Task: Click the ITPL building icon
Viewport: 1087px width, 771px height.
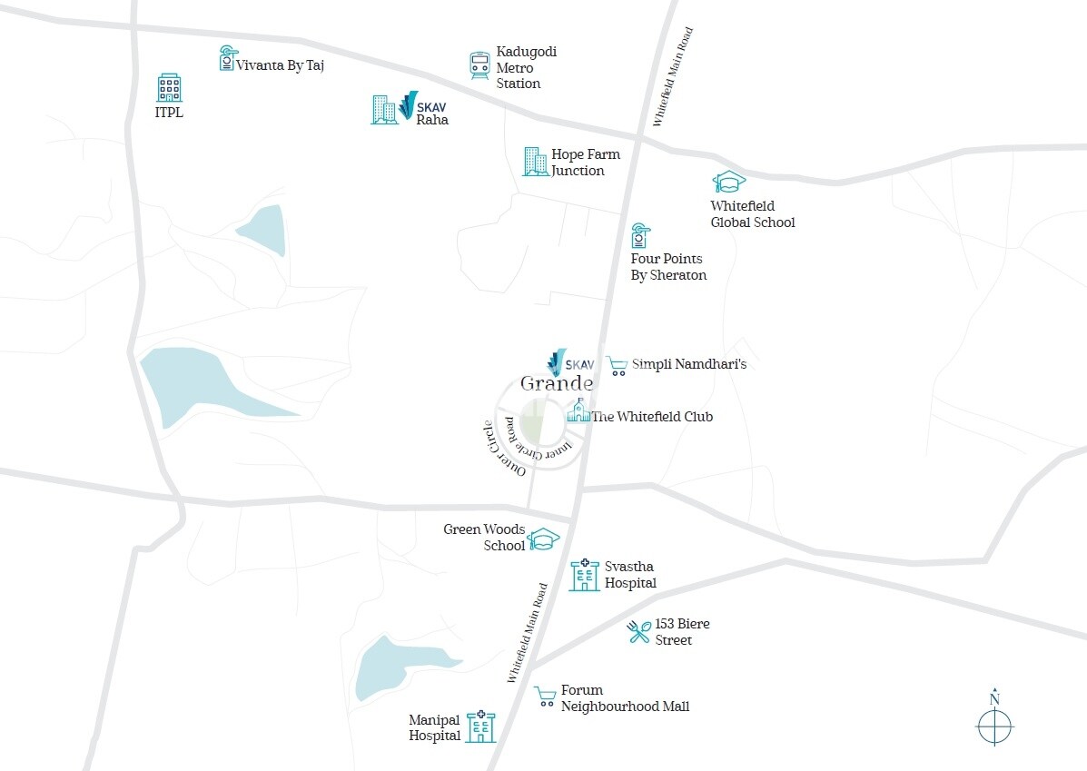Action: click(x=169, y=88)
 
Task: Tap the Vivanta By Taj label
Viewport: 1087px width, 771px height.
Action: click(x=280, y=65)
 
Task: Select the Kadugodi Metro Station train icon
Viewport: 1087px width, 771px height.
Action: click(x=479, y=65)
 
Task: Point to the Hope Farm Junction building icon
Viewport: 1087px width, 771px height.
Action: click(x=535, y=162)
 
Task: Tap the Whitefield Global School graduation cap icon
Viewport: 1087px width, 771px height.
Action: click(x=728, y=183)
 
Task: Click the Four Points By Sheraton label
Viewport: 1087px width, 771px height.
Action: click(x=668, y=267)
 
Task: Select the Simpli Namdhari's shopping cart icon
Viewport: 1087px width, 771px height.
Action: click(x=618, y=365)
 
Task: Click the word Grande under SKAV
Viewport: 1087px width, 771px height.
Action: click(x=557, y=383)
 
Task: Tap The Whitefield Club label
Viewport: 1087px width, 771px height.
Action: click(x=652, y=417)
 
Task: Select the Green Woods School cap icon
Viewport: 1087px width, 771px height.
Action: click(x=544, y=539)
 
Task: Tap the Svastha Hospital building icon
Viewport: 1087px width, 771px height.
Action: click(x=584, y=575)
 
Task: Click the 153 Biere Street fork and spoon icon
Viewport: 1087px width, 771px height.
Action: click(x=639, y=631)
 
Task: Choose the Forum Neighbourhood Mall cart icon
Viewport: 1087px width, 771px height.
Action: click(x=545, y=697)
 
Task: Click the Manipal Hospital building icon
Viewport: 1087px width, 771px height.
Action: click(x=480, y=727)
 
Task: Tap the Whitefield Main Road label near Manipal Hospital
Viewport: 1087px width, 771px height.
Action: click(x=529, y=632)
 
